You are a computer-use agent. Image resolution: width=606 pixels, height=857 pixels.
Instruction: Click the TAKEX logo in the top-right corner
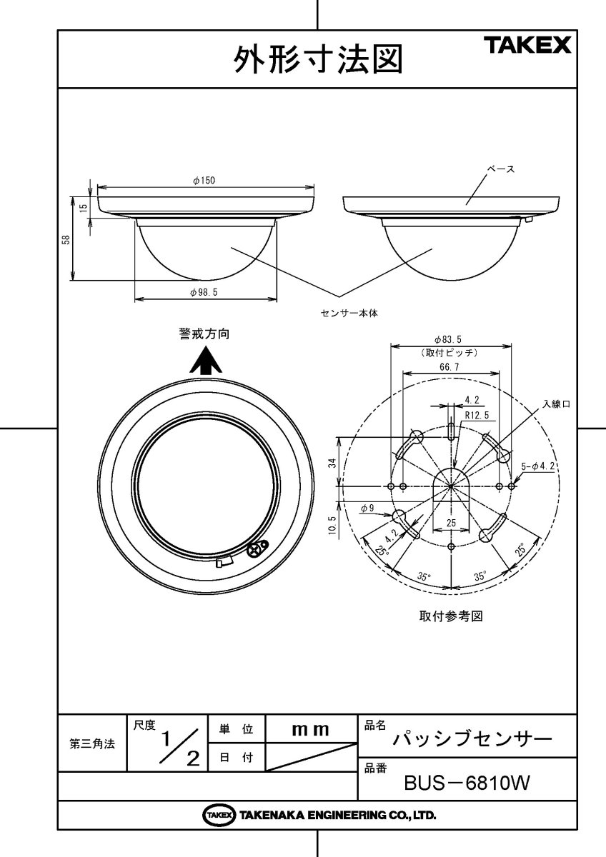coord(529,46)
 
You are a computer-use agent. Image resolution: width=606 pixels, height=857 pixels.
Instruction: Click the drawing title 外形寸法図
coord(317,59)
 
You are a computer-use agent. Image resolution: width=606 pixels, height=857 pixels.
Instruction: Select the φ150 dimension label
coord(204,181)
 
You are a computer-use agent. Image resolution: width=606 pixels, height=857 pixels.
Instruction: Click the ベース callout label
coord(501,169)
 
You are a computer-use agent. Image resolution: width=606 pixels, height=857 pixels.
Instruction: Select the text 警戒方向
coord(204,334)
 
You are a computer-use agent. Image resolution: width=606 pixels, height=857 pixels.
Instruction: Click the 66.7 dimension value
coord(449,366)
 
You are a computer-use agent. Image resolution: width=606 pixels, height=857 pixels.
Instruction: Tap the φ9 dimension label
coord(367,508)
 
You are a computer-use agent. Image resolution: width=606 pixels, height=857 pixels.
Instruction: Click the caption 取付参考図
coord(450,616)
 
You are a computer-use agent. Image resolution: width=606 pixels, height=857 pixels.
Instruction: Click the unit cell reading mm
coord(311,729)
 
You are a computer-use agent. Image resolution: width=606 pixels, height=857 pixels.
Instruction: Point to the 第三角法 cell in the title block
coord(91,743)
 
